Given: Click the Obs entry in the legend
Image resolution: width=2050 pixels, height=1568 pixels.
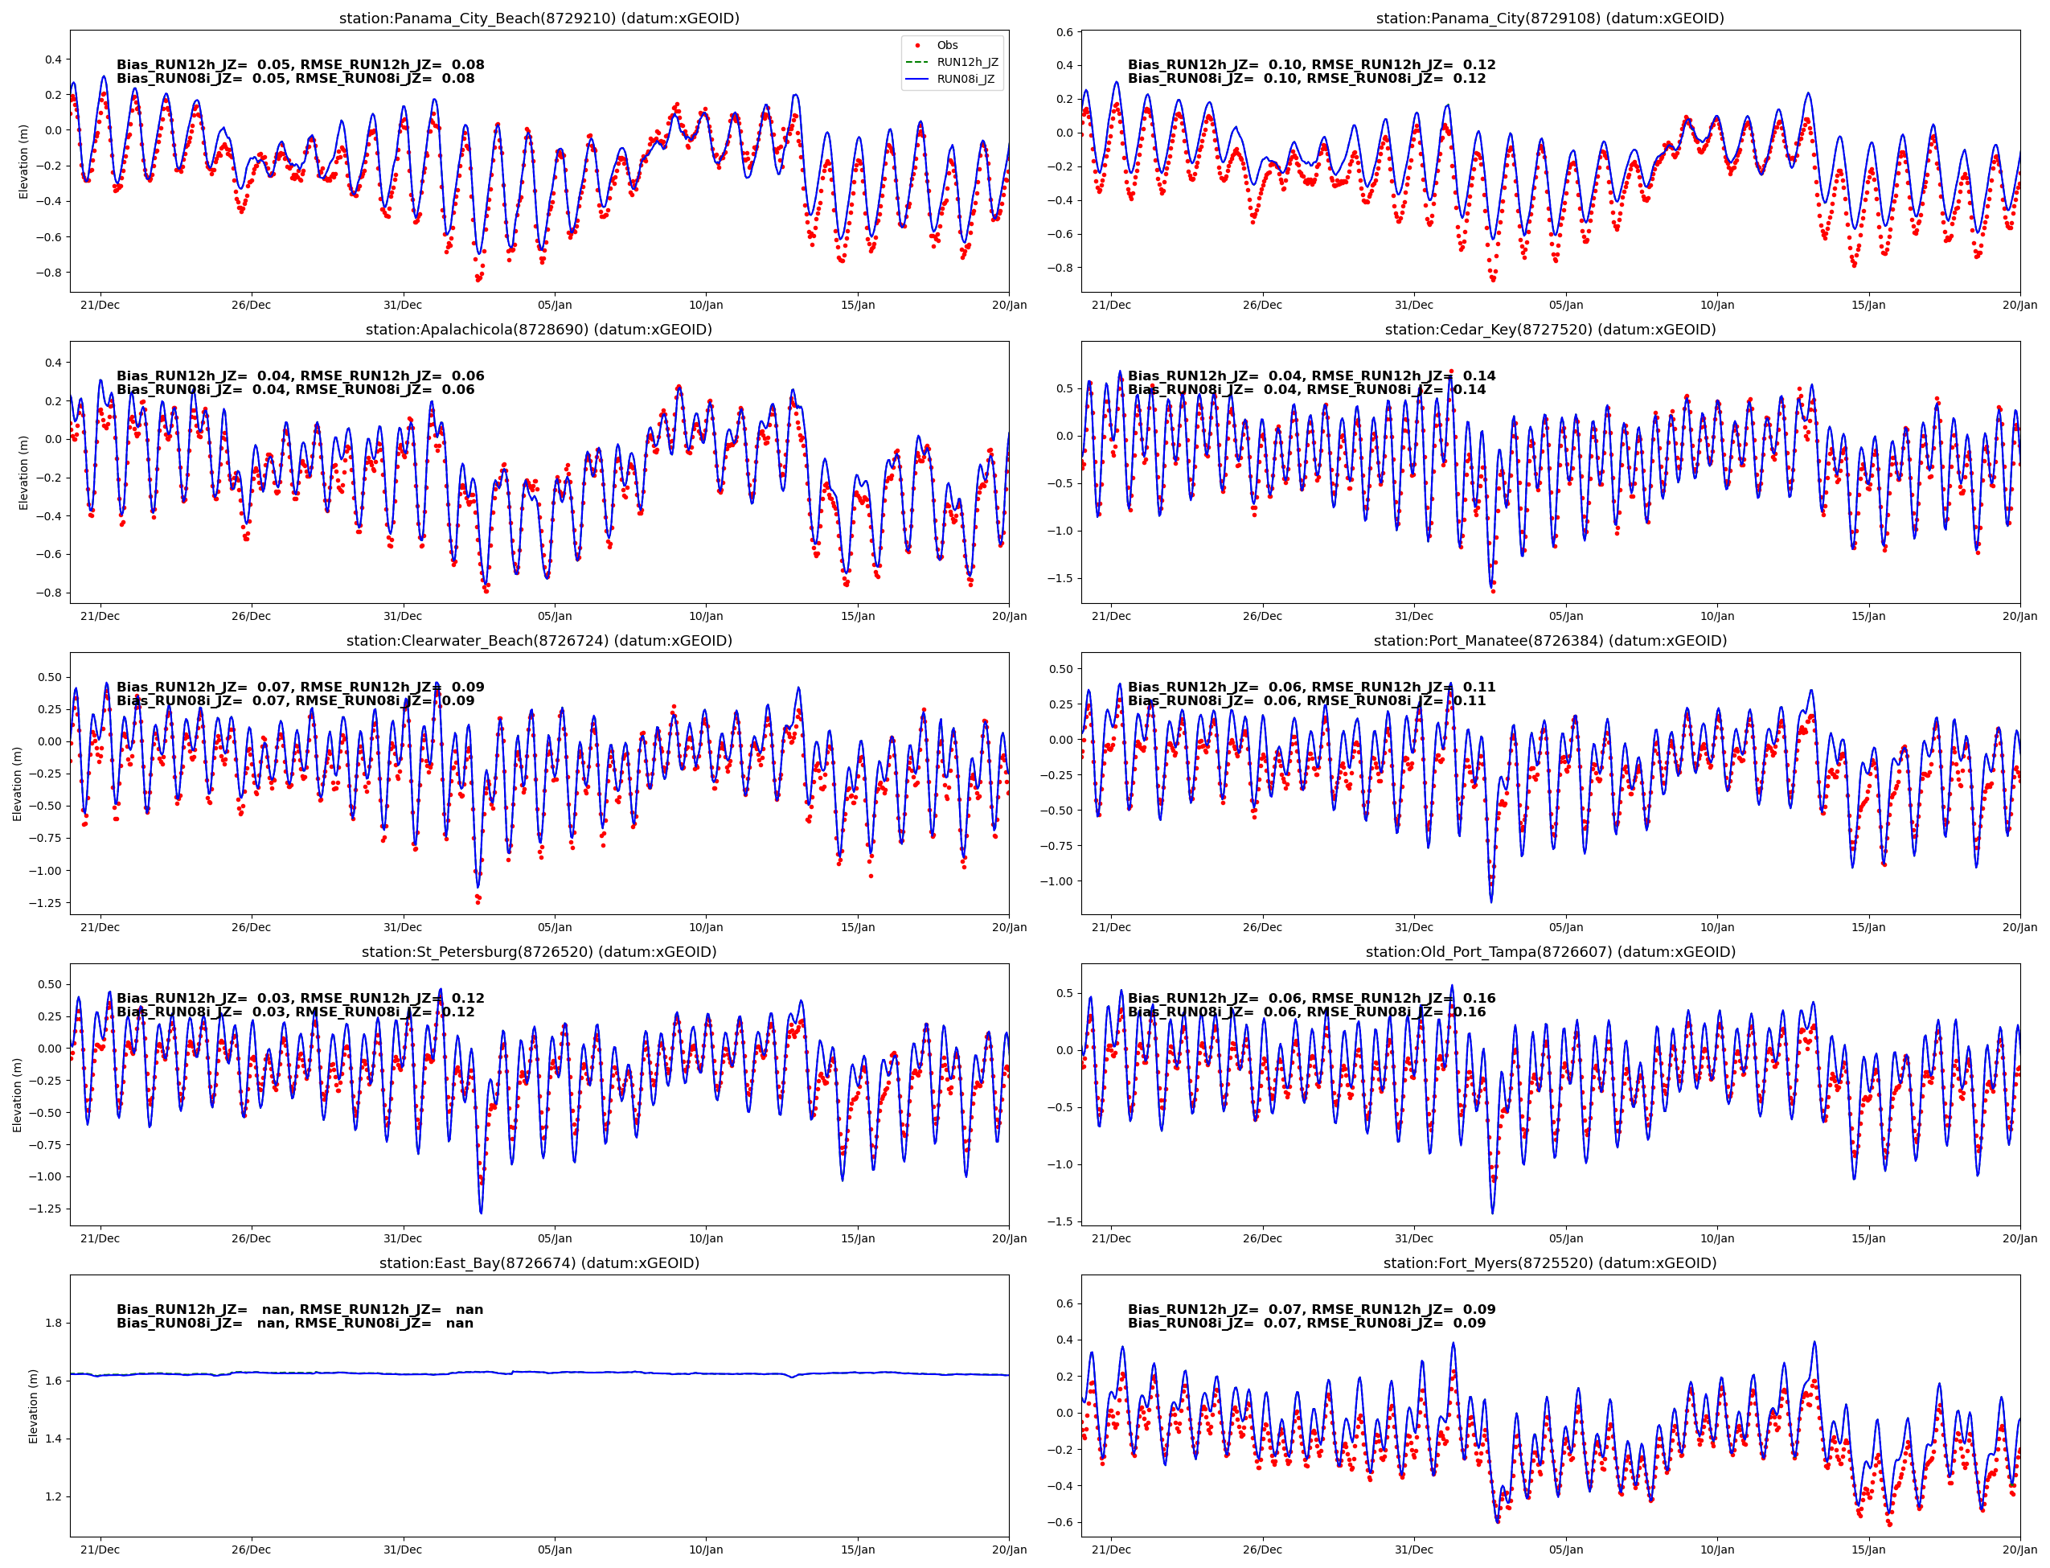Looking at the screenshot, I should [946, 45].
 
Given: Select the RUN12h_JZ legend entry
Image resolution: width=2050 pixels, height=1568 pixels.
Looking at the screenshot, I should [966, 62].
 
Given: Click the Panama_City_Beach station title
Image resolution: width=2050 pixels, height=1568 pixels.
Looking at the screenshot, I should [539, 18].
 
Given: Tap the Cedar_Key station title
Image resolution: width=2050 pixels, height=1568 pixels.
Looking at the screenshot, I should [1550, 330].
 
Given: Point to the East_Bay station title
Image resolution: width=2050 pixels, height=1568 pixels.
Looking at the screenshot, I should [539, 1262].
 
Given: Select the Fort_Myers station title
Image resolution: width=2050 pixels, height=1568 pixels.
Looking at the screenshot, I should [1550, 1262].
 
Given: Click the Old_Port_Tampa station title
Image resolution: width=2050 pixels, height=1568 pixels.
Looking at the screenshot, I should [1550, 952].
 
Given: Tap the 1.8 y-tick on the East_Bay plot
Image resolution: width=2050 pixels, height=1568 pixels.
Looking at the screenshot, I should [53, 1323].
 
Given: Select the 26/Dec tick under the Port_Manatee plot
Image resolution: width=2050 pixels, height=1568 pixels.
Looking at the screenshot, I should [1261, 927].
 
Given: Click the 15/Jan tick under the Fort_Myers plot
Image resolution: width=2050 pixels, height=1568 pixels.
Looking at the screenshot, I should [1868, 1550].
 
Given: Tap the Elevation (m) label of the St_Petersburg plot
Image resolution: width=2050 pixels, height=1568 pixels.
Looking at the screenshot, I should [17, 1095].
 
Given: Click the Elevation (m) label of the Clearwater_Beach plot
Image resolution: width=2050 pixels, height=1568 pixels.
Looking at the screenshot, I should [17, 783].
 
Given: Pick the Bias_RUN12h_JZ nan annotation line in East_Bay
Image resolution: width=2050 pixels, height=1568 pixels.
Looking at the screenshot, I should [300, 1309].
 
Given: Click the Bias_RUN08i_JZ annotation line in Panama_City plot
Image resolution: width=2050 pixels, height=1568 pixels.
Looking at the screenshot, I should [1306, 79].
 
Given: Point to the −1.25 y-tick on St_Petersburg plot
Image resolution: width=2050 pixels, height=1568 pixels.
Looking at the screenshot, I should [42, 1209].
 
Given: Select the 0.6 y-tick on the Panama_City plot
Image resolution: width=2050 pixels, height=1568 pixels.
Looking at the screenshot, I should [1064, 31].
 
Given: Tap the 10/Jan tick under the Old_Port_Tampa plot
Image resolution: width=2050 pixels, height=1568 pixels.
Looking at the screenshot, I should [1717, 1238].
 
